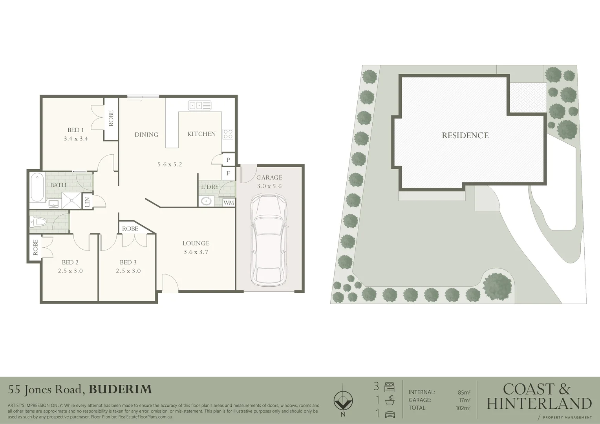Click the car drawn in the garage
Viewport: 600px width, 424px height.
[269, 240]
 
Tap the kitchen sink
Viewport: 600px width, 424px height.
[200, 105]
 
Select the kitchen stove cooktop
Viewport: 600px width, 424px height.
[228, 134]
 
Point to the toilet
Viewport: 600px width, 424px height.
[38, 222]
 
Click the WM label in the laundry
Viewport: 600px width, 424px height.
[229, 203]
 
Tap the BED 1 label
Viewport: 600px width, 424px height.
[76, 130]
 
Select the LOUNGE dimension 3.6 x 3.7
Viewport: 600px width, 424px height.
[196, 252]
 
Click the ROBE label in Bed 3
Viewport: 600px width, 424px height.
[130, 228]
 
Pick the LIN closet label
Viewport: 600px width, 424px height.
[87, 202]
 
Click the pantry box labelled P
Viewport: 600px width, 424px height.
[228, 160]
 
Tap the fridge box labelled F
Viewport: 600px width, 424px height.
[228, 173]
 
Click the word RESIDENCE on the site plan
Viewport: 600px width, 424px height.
[465, 135]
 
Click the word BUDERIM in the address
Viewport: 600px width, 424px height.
[120, 389]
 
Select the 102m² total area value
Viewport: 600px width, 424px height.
[464, 408]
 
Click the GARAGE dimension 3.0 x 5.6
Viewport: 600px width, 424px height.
[269, 186]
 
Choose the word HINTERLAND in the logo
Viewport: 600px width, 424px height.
[539, 403]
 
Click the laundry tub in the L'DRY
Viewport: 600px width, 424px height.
[206, 201]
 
